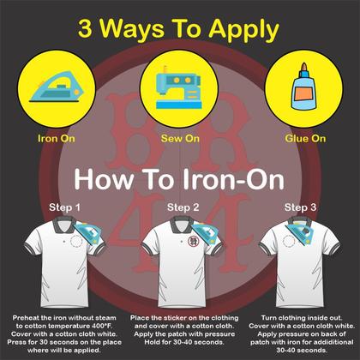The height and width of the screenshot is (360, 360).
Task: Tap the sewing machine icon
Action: pos(179,87)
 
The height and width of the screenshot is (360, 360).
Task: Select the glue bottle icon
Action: pos(304,87)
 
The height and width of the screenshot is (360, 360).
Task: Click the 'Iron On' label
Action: pos(57,139)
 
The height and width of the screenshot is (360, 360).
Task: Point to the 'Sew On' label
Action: pos(180,139)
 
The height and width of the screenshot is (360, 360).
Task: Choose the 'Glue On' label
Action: pos(305,139)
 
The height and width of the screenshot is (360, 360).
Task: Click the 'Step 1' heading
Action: pos(64,207)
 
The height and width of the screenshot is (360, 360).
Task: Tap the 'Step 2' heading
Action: pos(183,207)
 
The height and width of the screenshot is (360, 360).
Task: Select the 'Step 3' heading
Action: pos(300,207)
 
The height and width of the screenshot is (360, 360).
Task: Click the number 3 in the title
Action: pos(85,29)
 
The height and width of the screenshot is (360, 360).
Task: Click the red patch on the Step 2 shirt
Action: pos(193,242)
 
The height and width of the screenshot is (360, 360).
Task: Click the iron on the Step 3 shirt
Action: pos(299,231)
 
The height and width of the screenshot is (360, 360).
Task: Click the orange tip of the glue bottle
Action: pos(304,67)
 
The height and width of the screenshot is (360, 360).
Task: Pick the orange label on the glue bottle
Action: pos(303,94)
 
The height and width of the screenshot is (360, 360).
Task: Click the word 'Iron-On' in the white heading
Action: pos(233,180)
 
